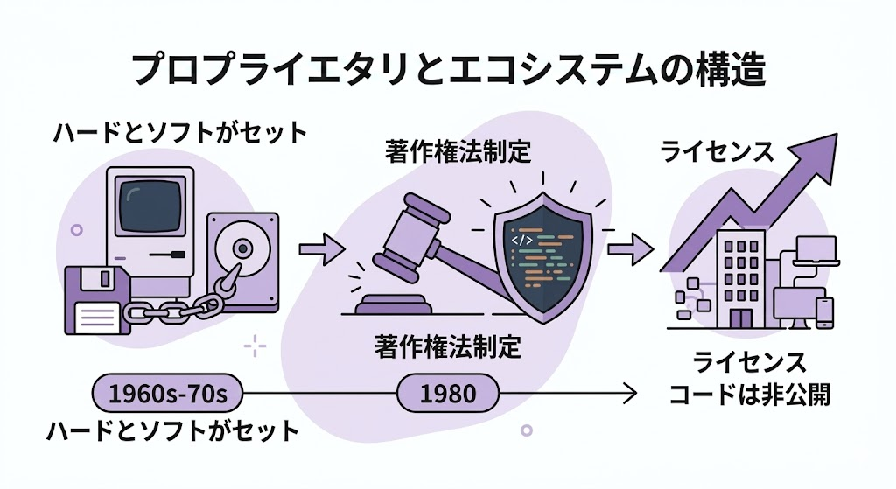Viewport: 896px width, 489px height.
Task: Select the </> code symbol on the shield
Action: click(521, 237)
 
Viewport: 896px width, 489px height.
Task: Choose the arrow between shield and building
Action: click(629, 250)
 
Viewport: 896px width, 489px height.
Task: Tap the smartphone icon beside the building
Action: click(824, 312)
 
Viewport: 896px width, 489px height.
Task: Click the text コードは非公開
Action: click(749, 395)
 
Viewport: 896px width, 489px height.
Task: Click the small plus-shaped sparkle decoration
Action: click(255, 347)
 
